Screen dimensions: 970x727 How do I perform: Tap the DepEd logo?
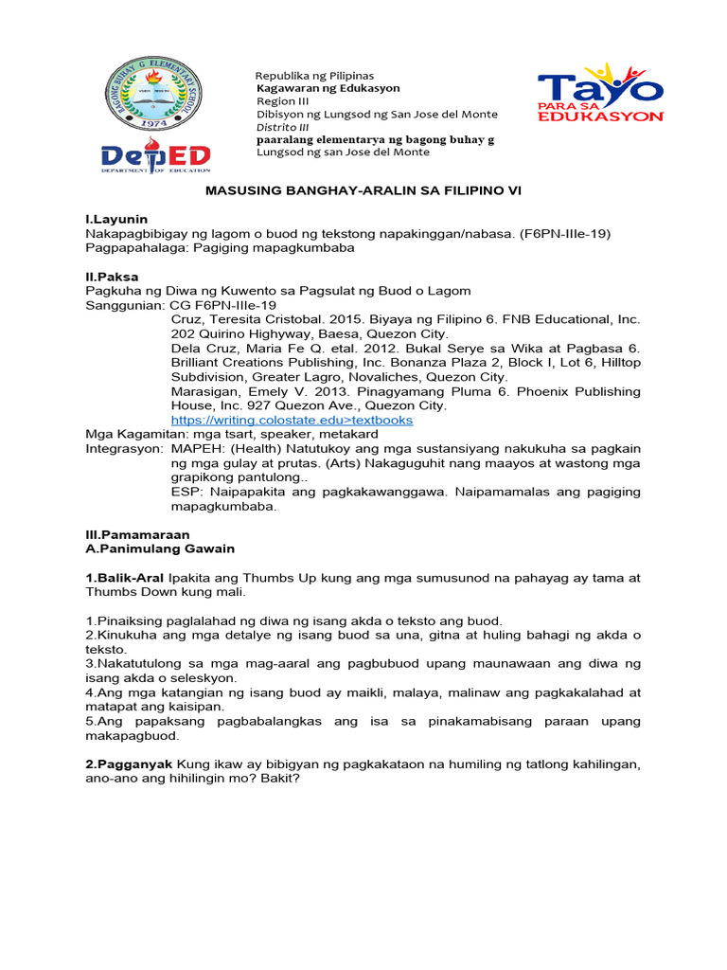[156, 157]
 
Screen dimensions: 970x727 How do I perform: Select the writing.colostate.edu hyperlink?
[292, 420]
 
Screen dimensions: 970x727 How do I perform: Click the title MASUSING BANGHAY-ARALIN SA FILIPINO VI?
[364, 190]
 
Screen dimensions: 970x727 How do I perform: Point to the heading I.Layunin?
[117, 219]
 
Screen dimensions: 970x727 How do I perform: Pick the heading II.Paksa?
[113, 276]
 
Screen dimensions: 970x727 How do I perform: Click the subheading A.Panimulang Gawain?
[160, 548]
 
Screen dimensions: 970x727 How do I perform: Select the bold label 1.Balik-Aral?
[125, 577]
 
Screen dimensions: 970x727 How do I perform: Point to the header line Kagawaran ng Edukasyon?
[328, 88]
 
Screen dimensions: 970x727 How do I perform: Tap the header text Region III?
[283, 101]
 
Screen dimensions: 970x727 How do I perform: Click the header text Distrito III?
[283, 127]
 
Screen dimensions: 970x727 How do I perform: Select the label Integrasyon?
[124, 448]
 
